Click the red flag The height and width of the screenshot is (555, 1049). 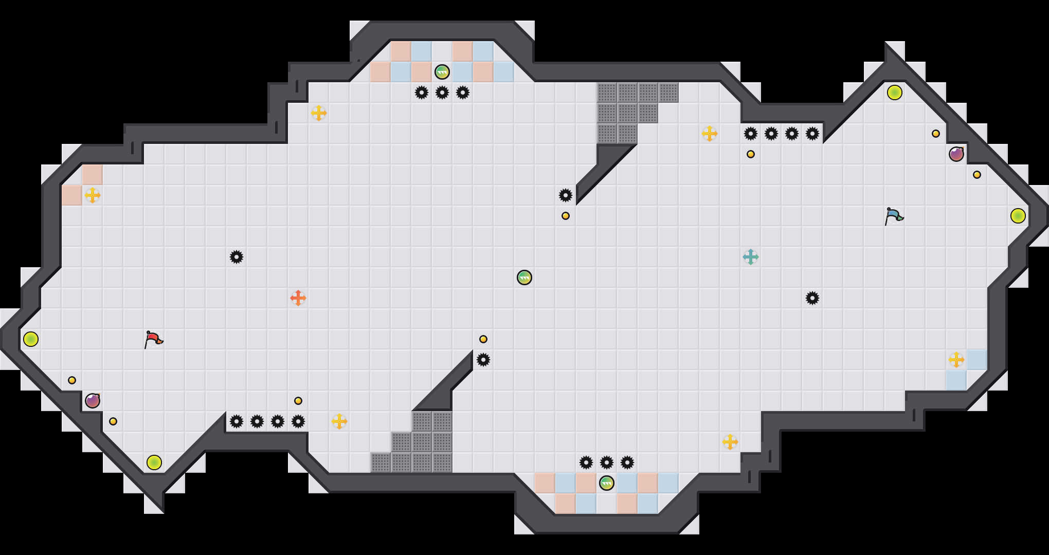point(153,339)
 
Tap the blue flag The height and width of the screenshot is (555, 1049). point(893,216)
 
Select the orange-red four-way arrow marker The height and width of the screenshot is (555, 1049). point(298,298)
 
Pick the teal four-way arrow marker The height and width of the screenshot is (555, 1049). point(751,257)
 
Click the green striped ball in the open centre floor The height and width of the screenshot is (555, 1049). point(524,277)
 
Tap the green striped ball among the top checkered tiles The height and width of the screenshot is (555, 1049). point(442,72)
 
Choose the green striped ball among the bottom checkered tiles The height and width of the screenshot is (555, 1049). point(607,483)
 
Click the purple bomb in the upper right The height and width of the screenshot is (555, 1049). point(956,154)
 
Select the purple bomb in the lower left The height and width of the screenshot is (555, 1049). point(93,401)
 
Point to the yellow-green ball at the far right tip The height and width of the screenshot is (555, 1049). point(1018,216)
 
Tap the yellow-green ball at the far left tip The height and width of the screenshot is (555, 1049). point(31,339)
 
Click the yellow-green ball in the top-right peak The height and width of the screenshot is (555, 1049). point(895,92)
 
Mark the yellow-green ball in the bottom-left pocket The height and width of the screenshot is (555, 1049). point(154,462)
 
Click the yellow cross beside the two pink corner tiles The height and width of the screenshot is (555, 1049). point(93,195)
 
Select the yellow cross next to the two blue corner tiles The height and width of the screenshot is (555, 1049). point(956,360)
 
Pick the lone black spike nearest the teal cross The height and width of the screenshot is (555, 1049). point(812,298)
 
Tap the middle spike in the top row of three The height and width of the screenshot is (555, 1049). point(442,92)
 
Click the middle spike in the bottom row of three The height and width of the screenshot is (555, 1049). point(607,462)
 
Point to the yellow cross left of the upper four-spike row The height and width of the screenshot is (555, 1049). point(710,134)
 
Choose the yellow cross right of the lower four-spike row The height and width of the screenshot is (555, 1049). point(339,421)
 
